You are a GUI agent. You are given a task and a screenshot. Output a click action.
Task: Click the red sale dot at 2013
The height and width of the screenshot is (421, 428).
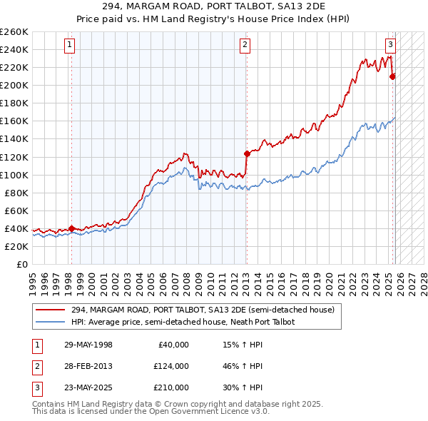click(247, 153)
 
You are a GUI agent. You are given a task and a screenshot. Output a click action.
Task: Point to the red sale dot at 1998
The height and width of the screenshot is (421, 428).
click(71, 228)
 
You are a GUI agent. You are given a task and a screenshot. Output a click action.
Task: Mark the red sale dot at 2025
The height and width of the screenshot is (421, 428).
click(393, 76)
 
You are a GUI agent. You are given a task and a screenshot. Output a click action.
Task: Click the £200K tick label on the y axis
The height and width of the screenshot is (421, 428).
click(14, 85)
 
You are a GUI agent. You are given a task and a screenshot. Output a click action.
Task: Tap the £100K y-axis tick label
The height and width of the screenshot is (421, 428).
click(14, 175)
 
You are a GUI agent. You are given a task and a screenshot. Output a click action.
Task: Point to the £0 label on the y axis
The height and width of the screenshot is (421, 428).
click(21, 264)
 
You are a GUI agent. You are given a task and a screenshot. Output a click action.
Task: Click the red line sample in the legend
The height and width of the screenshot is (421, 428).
click(51, 310)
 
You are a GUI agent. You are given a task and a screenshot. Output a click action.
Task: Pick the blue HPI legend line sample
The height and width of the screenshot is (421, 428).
click(51, 322)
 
